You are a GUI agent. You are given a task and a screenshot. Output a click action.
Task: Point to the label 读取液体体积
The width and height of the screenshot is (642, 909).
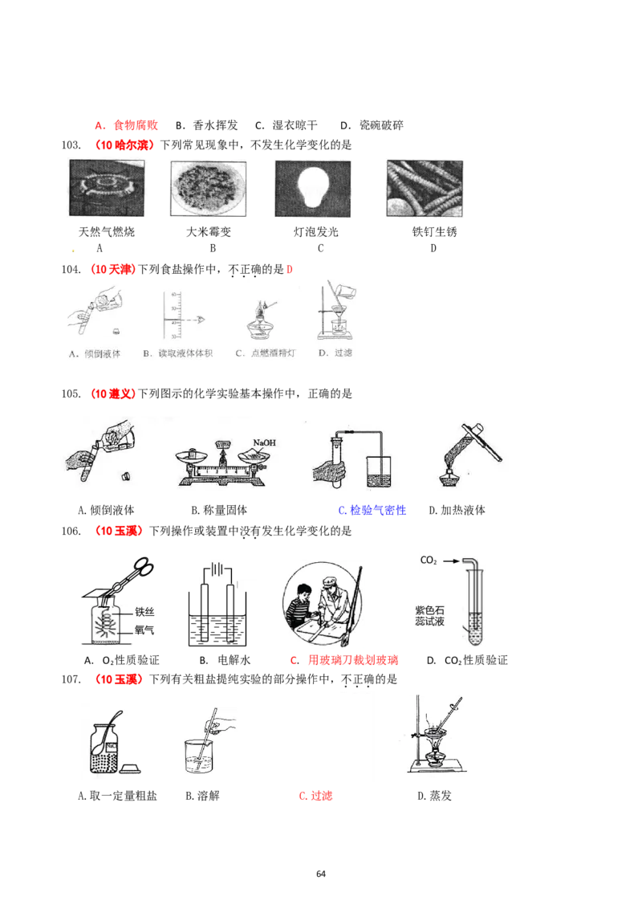[x=174, y=353]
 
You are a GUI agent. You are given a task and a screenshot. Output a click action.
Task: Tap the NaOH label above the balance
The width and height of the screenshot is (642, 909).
[x=264, y=442]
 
